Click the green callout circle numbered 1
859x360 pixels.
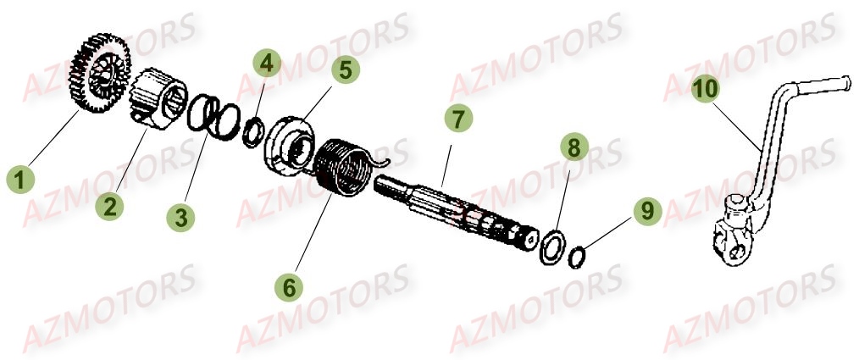point(21,180)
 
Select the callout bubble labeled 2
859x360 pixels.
point(107,206)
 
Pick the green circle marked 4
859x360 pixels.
point(267,63)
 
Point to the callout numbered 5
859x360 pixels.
point(345,69)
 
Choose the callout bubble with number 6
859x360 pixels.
point(290,287)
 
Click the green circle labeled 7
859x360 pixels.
point(457,119)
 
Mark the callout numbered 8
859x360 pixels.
point(574,148)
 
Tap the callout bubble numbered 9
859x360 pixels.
point(647,210)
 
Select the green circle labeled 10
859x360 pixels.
point(705,89)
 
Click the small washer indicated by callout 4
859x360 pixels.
point(252,134)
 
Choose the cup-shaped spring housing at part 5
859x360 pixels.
point(288,140)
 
